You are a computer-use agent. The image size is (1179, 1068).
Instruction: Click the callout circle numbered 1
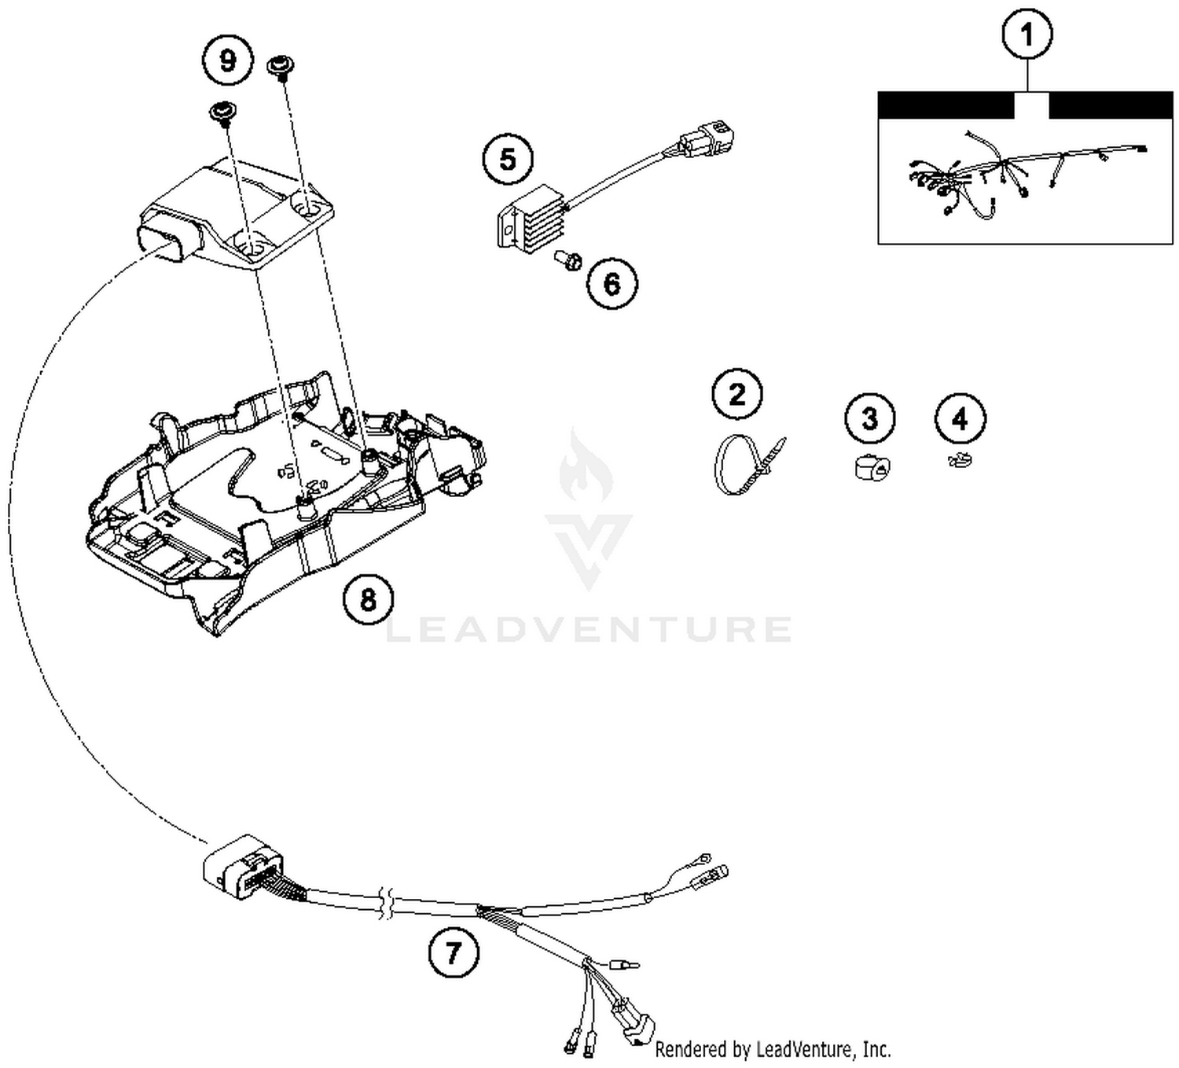(1027, 35)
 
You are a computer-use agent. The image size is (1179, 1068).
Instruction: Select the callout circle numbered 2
(737, 394)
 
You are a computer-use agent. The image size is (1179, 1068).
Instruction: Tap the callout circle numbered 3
(869, 418)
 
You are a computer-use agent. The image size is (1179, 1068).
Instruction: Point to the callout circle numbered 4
(960, 418)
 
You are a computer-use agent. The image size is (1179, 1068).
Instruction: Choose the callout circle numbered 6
(612, 283)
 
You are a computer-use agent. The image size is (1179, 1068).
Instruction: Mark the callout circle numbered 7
(454, 953)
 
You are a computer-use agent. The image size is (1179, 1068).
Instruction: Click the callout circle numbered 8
(368, 600)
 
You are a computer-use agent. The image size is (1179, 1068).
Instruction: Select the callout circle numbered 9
(228, 61)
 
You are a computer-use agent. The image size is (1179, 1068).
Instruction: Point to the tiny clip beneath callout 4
(960, 460)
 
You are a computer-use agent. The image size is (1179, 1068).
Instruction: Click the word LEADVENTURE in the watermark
(588, 630)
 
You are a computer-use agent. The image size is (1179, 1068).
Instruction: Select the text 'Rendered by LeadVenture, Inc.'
(773, 1049)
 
